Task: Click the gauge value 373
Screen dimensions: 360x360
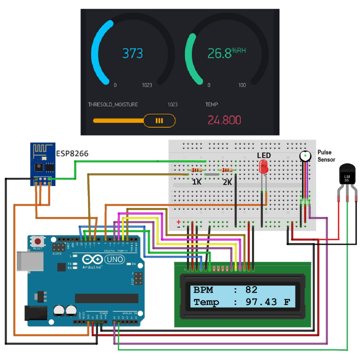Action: click(132, 53)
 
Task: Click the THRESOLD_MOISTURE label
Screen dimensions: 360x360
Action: click(112, 104)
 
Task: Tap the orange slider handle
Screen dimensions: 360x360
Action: click(159, 120)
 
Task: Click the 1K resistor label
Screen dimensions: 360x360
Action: click(196, 182)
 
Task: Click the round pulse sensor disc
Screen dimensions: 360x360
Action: click(304, 157)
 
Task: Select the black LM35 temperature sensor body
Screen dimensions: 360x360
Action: click(346, 177)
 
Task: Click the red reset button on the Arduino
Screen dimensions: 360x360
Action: click(38, 241)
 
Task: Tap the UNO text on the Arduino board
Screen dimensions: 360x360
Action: click(116, 259)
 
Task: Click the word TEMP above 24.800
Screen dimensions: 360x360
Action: click(212, 104)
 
